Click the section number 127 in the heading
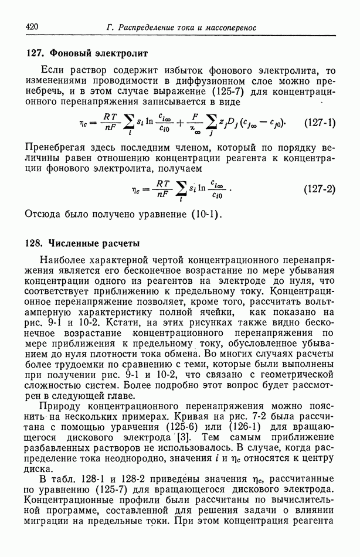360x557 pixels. point(34,53)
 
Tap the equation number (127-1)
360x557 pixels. point(321,123)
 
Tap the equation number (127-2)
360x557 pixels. point(320,189)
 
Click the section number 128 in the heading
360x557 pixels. point(34,243)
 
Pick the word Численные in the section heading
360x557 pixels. point(73,243)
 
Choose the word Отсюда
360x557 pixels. point(43,213)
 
